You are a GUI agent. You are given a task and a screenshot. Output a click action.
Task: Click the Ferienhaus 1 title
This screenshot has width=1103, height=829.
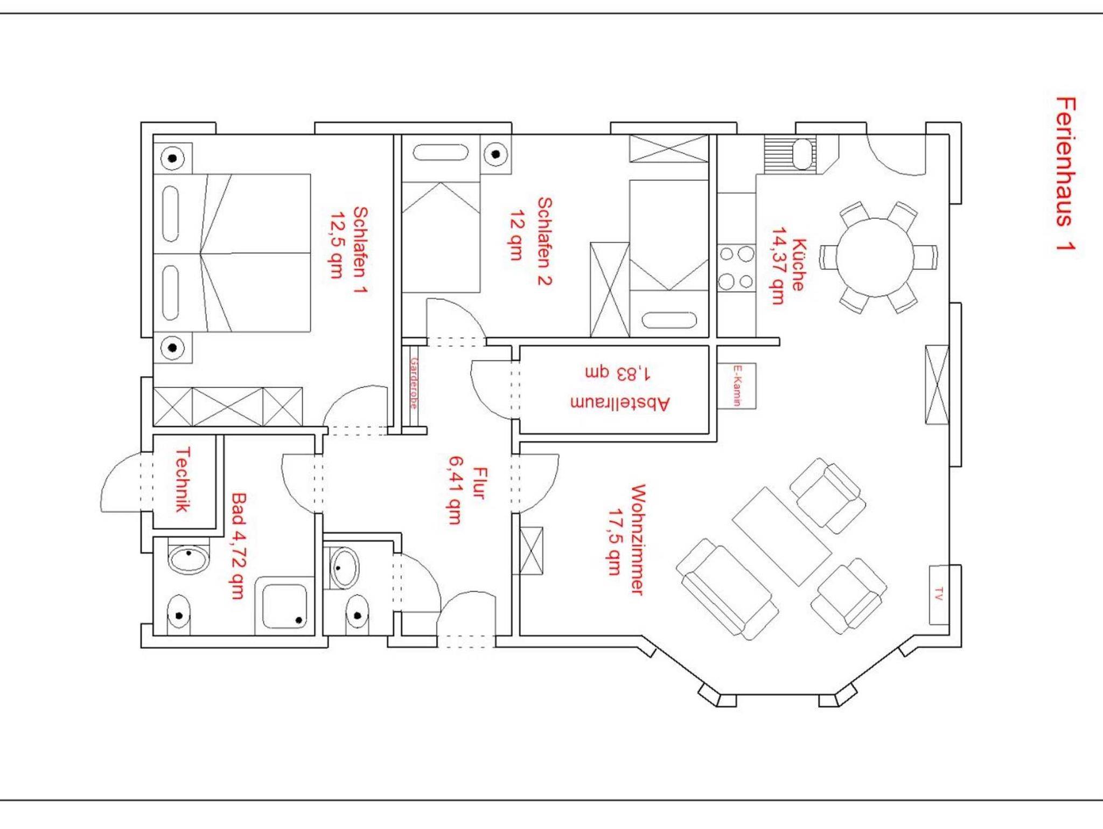point(1065,174)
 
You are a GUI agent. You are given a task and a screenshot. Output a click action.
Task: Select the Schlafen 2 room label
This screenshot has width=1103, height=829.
point(544,241)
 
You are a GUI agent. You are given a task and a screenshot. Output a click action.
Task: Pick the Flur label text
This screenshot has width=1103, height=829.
point(478,483)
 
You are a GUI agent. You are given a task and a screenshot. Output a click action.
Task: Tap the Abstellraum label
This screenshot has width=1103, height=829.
point(619,403)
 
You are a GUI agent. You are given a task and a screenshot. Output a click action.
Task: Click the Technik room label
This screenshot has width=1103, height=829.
point(183,480)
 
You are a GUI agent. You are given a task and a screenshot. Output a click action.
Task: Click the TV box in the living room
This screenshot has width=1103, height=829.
point(938,595)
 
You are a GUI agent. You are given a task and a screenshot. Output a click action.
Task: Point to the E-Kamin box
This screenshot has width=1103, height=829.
point(737,385)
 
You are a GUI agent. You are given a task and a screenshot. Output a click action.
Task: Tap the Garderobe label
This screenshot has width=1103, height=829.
point(414,383)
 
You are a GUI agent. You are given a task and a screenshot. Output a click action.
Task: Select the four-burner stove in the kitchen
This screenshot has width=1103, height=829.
point(736,267)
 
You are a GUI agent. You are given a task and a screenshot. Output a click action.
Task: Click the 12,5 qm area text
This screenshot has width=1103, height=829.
point(337,244)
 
